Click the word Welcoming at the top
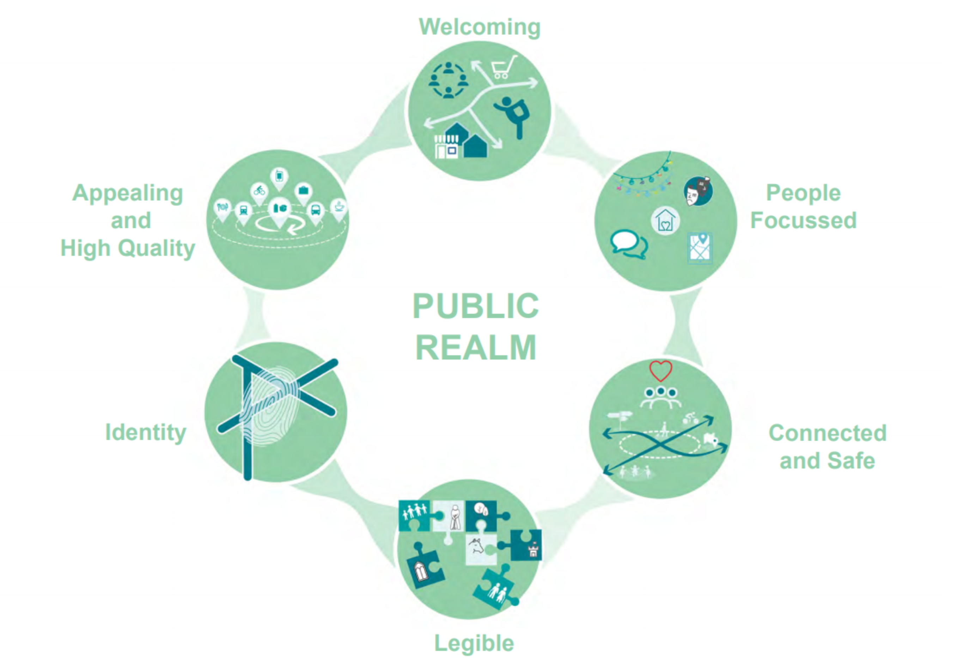click(x=479, y=28)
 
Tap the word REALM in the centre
click(x=476, y=348)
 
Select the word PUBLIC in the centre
click(x=476, y=306)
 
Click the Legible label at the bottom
click(x=474, y=643)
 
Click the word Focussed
click(x=803, y=220)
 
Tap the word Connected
click(x=827, y=433)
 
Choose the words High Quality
click(x=128, y=248)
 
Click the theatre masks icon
click(x=698, y=191)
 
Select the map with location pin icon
click(x=700, y=248)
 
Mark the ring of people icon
click(x=448, y=80)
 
